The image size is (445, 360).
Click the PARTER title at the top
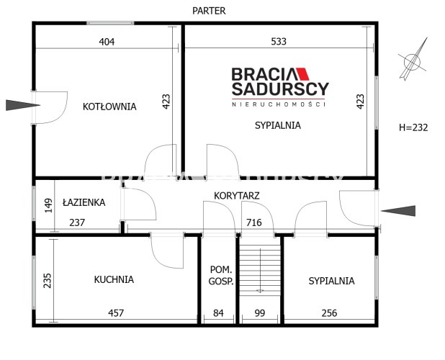[209, 11]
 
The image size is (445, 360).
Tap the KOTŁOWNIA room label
[109, 107]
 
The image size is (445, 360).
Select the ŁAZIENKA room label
[84, 202]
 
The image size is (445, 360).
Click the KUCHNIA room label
[114, 279]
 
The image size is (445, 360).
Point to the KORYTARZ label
[237, 196]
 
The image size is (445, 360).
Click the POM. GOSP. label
[221, 276]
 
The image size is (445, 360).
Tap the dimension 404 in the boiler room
[107, 42]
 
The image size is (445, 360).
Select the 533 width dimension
[279, 42]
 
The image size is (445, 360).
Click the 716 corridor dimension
[254, 222]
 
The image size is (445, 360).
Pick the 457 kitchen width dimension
[116, 313]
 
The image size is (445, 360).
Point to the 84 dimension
[218, 313]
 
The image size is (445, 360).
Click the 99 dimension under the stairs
[260, 313]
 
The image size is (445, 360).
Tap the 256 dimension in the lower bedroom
[330, 313]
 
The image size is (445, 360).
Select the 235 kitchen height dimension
[48, 281]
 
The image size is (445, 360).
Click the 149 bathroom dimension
[48, 205]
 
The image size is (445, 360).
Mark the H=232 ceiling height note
[413, 127]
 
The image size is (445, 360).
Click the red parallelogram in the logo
[302, 73]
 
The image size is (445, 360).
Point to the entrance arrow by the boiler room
[23, 105]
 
